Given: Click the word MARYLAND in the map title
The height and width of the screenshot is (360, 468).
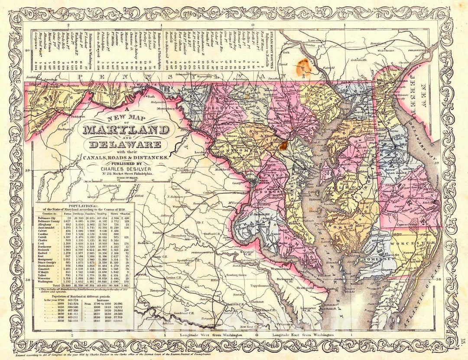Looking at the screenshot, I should click(x=126, y=130).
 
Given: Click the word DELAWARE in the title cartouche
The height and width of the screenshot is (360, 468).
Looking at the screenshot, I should click(x=126, y=145).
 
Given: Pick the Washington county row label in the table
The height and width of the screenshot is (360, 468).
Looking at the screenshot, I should click(x=47, y=282).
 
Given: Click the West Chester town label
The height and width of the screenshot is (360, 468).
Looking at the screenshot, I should click(x=387, y=51).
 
